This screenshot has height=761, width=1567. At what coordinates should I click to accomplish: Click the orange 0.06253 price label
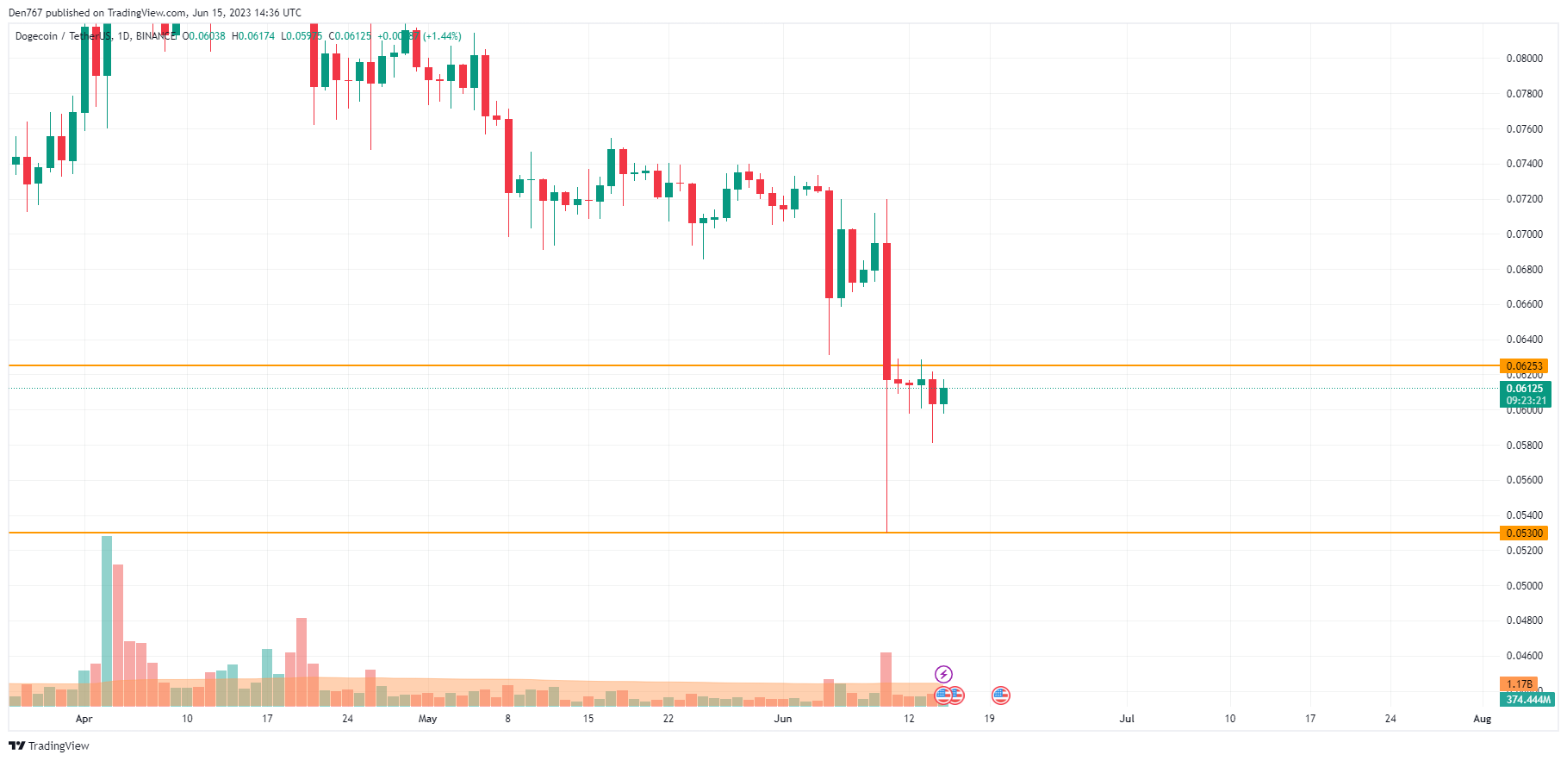tap(1523, 366)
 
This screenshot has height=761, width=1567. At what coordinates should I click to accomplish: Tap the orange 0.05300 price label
tap(1523, 533)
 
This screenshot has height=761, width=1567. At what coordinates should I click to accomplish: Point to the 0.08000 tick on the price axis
tap(1524, 59)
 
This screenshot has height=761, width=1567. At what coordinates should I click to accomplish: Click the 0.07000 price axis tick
tap(1524, 234)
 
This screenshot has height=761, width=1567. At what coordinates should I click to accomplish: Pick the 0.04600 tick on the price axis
tap(1524, 656)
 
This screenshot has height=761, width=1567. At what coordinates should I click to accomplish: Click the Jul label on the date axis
tap(1126, 719)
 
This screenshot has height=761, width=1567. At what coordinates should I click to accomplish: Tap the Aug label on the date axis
tap(1482, 719)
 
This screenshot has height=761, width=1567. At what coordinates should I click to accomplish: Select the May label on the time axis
tap(427, 719)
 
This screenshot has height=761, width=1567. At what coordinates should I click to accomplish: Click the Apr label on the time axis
tap(84, 719)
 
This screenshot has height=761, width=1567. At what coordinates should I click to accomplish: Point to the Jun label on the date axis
tap(782, 719)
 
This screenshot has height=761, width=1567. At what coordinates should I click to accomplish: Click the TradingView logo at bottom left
tap(49, 746)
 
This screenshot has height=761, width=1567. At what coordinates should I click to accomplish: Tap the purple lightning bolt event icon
tap(943, 674)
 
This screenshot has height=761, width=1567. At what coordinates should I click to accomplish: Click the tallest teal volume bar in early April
tap(107, 621)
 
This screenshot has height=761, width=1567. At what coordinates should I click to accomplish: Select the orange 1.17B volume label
tap(1519, 684)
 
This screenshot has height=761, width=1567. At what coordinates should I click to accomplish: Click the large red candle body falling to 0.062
tap(886, 310)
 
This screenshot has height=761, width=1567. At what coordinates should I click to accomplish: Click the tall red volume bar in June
tap(886, 679)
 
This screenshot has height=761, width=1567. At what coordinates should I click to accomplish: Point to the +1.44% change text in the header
tap(442, 36)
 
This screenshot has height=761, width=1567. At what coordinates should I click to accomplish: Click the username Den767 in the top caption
tap(25, 13)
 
